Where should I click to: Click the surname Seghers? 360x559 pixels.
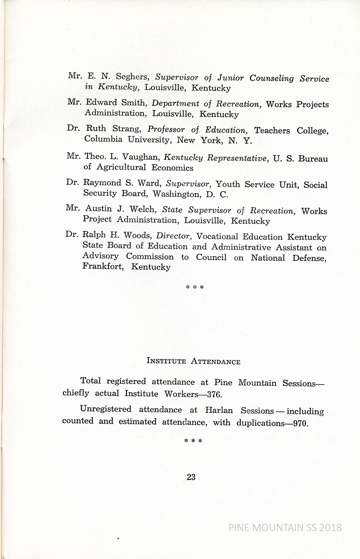point(132,77)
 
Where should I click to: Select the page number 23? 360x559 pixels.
point(191,477)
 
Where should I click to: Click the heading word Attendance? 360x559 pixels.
point(215,361)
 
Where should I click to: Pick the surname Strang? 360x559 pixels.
point(127,129)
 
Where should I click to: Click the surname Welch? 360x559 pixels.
point(142,209)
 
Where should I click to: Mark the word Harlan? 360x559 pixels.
point(219,410)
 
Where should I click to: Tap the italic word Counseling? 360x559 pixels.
point(271,78)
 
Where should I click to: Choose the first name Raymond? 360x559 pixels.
point(102,183)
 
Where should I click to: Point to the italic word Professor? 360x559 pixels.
point(166,130)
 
